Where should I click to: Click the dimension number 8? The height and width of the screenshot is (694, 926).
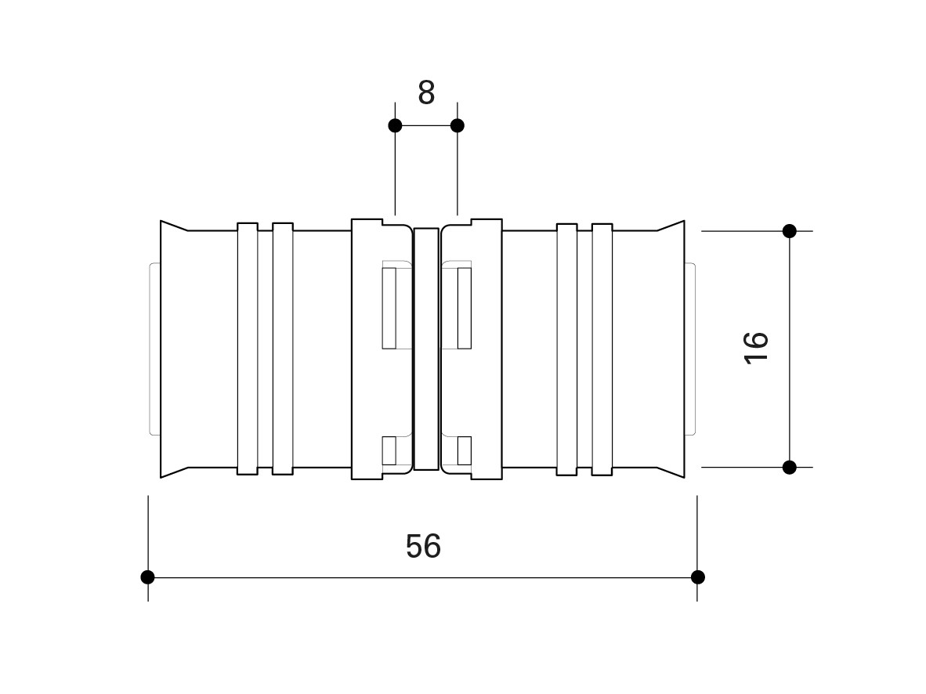426,92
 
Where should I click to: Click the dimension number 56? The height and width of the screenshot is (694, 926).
423,546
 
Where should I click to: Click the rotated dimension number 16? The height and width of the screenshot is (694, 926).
757,349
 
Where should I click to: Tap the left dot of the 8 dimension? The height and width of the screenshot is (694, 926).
395,125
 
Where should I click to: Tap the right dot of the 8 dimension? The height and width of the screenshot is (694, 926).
457,125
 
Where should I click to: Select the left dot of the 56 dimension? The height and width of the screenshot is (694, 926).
147,577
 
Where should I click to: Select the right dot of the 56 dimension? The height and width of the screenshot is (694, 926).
697,577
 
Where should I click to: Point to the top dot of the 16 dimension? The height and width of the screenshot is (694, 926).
790,231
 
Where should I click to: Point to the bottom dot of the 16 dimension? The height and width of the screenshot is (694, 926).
790,467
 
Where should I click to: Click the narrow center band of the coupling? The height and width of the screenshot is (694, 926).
426,349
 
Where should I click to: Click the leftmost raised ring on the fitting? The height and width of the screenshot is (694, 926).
248,349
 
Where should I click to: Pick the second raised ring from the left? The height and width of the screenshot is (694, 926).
283,349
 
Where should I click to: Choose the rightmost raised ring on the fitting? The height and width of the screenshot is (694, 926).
602,349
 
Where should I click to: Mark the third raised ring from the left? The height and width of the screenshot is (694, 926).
567,349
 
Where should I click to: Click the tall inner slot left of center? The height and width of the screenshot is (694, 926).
389,308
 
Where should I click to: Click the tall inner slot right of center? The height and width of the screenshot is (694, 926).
465,308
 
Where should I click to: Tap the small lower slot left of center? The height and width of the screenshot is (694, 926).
389,450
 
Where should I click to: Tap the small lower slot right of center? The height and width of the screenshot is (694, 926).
465,450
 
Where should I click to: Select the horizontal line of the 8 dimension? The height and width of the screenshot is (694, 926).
426,125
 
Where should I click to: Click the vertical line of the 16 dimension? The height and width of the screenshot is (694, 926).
790,349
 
